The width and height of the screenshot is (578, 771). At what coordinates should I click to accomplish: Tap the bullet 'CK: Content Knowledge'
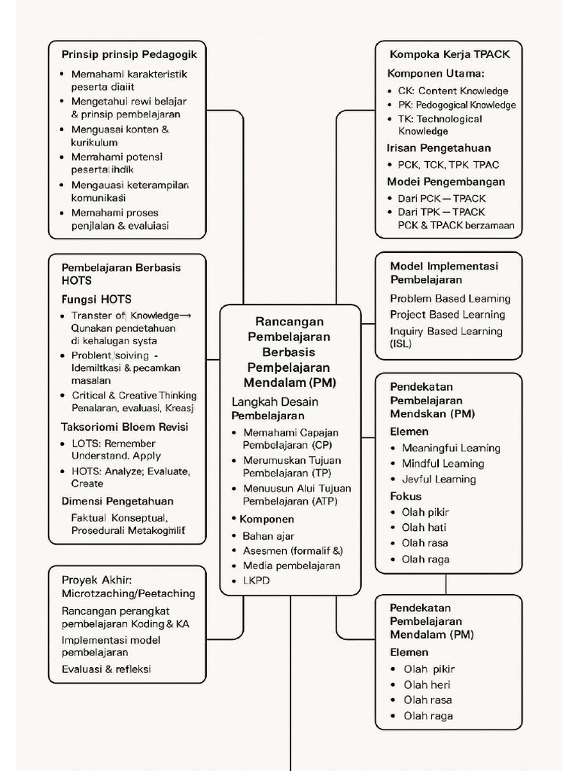click(x=453, y=91)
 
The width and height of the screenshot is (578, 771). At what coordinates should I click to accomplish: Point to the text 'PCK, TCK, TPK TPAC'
click(x=449, y=164)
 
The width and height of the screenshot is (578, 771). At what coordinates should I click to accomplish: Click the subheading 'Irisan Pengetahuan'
click(x=439, y=148)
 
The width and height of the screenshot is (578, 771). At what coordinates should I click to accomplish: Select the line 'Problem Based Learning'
click(x=450, y=299)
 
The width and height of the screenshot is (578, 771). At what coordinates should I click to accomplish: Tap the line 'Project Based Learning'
click(x=447, y=315)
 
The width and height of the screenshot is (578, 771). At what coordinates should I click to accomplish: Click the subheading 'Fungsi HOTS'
click(x=96, y=299)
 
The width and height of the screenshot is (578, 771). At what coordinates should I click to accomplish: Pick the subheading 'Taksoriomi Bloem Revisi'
click(x=124, y=427)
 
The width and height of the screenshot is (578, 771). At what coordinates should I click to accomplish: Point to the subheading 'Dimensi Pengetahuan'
click(x=117, y=501)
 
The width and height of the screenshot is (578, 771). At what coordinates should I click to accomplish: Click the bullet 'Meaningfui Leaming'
click(x=451, y=448)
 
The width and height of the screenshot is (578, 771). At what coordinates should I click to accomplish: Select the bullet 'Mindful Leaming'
click(x=443, y=464)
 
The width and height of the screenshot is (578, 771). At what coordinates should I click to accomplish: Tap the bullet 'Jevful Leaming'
click(x=439, y=480)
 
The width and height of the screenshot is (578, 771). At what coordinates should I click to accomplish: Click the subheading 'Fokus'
click(x=406, y=496)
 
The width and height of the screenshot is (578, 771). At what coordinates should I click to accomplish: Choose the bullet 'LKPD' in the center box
click(x=256, y=581)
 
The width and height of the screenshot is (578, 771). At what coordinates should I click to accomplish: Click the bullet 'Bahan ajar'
click(x=269, y=536)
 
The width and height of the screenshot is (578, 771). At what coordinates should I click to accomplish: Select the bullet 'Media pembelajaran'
click(x=291, y=565)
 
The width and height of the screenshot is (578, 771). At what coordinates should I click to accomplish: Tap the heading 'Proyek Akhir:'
click(x=97, y=580)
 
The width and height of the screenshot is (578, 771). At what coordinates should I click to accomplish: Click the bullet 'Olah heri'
click(x=427, y=685)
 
